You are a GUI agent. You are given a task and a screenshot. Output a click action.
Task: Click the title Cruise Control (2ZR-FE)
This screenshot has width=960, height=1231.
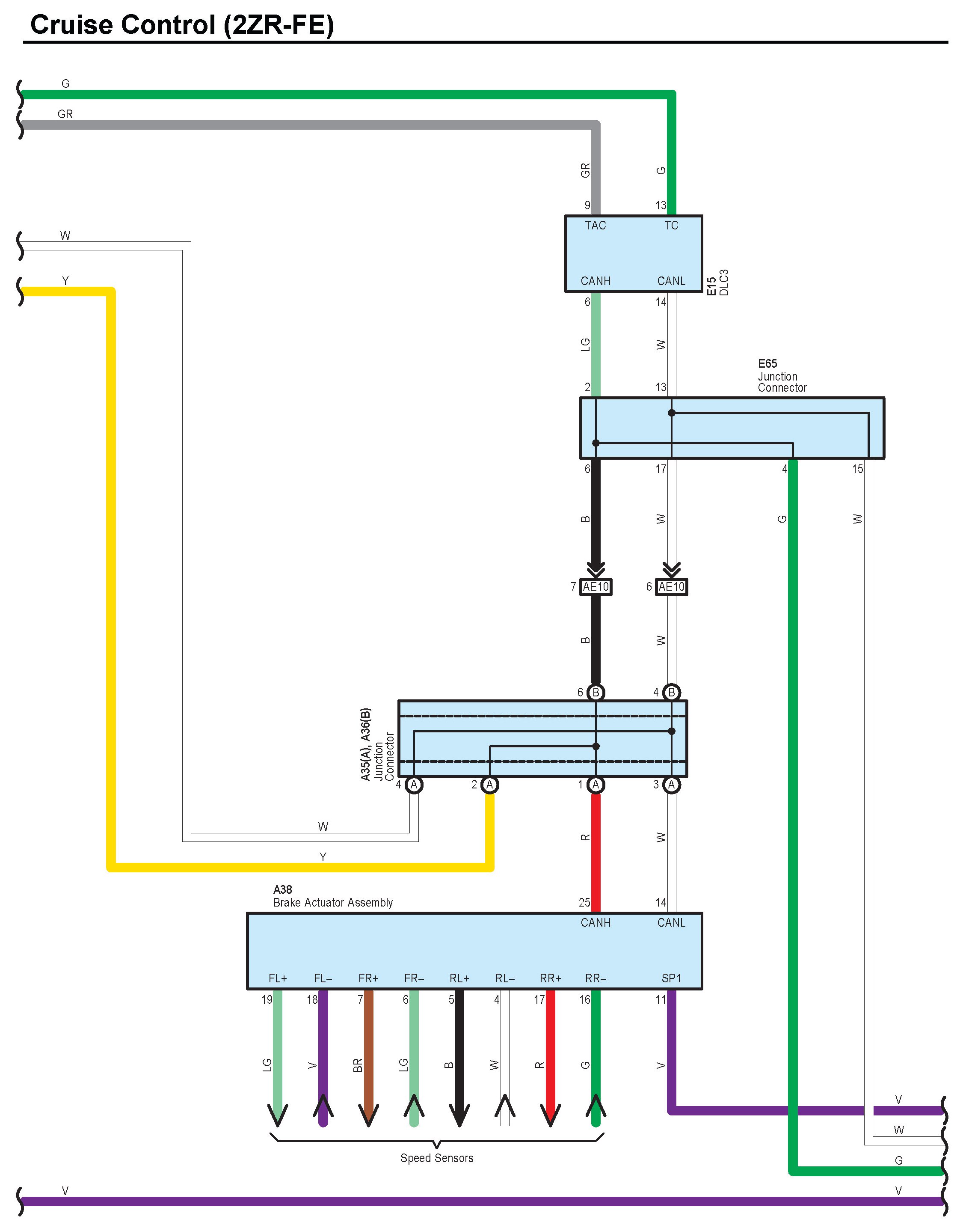tap(181, 25)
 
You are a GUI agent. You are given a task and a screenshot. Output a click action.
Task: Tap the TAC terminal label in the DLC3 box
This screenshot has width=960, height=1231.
tap(595, 226)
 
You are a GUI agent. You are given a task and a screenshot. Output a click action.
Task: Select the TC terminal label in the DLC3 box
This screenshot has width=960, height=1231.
tap(670, 226)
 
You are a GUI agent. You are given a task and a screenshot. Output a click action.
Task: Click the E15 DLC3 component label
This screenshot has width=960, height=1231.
tap(718, 283)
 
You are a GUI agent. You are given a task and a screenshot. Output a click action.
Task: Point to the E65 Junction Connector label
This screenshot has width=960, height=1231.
tap(782, 376)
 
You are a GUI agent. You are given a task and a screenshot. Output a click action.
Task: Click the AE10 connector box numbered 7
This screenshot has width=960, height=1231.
tap(596, 587)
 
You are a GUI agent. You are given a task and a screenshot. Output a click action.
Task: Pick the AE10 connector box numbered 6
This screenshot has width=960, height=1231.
tap(671, 587)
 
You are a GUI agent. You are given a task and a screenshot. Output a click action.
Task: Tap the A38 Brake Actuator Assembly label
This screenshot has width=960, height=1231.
tap(332, 896)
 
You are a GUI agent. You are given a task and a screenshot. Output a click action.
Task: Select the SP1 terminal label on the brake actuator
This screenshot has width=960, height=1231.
tap(670, 978)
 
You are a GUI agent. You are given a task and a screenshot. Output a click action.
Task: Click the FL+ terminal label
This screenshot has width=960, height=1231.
tap(278, 978)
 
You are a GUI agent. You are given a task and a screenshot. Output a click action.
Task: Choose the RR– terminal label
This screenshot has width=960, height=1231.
tap(596, 978)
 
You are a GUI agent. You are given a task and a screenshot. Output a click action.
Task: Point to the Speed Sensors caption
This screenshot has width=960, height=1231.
tap(437, 1158)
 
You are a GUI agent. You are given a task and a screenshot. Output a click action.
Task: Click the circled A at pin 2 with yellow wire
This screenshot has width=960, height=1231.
tap(489, 785)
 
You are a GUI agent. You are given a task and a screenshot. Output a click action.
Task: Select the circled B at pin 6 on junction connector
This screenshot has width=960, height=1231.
tap(596, 692)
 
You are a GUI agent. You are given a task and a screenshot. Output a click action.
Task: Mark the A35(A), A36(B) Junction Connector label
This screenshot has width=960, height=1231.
tap(377, 744)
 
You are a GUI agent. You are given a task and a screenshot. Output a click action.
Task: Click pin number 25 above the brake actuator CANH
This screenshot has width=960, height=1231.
tap(584, 902)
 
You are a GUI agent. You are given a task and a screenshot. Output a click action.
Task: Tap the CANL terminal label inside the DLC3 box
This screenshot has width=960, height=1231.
tap(670, 281)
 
